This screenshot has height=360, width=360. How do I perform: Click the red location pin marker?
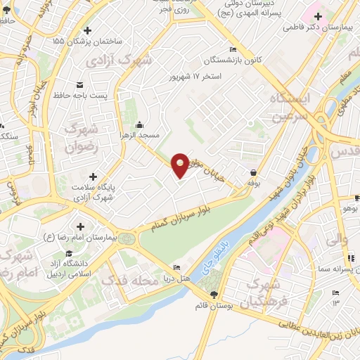pyautogui.click(x=180, y=165)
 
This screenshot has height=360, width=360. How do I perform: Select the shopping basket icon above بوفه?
pyautogui.click(x=253, y=172)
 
